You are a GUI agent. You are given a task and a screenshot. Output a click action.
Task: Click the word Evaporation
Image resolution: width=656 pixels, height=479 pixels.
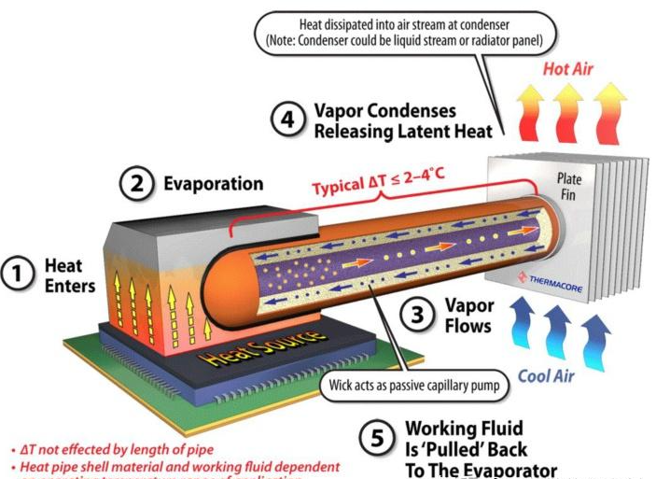[x=213, y=184]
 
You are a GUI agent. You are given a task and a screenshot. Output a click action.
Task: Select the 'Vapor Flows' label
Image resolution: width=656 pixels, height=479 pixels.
[x=465, y=315]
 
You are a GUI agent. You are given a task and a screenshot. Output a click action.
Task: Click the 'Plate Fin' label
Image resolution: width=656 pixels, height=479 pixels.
[x=569, y=184]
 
